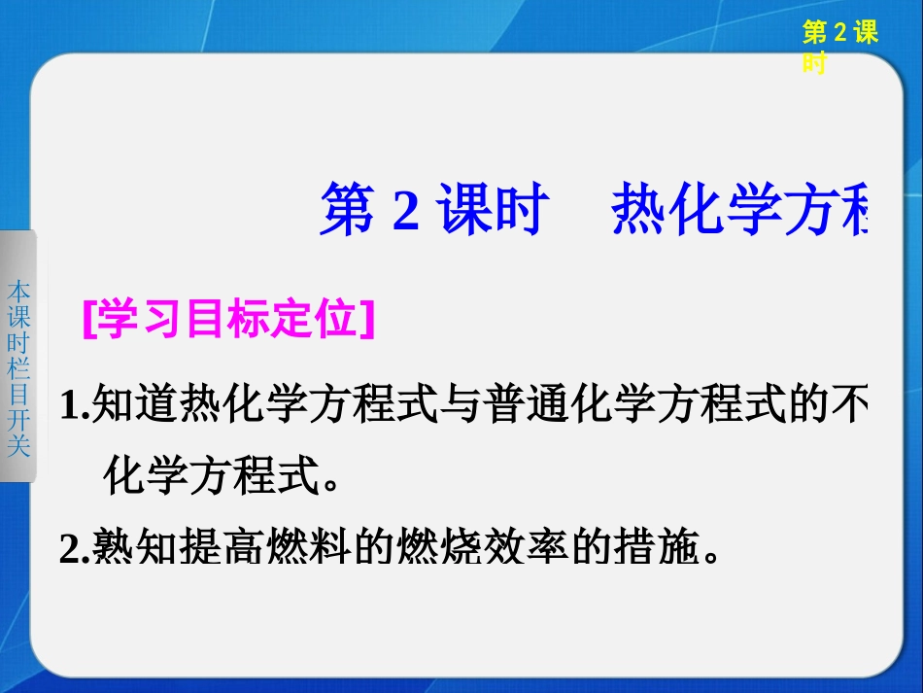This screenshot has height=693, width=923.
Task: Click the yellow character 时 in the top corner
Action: pos(814,64)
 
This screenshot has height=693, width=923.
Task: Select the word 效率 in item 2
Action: pos(522,551)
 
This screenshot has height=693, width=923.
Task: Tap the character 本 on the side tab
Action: pos(18,291)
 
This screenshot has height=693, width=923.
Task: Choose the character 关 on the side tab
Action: pos(18,445)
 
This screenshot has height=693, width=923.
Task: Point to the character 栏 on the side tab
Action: pos(18,368)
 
